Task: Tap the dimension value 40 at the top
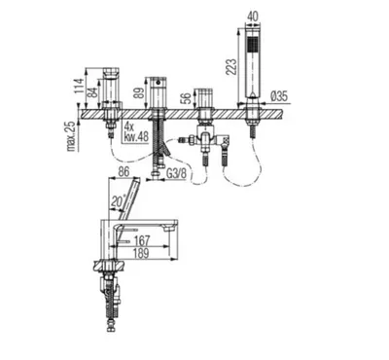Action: click(x=254, y=18)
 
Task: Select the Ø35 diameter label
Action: click(x=278, y=96)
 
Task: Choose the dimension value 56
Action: click(x=185, y=98)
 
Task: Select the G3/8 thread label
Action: click(x=177, y=173)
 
